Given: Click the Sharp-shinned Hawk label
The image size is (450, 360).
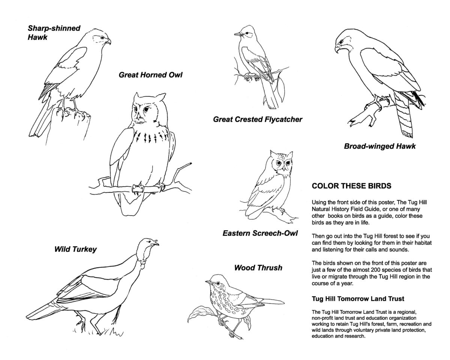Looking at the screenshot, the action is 54,33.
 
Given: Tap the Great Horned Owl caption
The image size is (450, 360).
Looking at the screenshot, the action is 150,75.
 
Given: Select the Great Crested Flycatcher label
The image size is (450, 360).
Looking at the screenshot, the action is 258,120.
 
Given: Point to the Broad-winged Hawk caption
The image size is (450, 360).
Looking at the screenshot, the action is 380,146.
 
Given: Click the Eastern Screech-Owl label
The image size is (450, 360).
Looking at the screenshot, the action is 260,233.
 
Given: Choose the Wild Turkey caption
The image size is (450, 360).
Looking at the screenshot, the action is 75,249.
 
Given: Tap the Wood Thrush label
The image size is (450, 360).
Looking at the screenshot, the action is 258,268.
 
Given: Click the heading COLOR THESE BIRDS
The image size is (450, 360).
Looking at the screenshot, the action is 351,186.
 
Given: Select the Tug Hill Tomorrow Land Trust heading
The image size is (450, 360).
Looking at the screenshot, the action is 358,299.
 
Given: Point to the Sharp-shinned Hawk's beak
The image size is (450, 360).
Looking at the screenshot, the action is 108,41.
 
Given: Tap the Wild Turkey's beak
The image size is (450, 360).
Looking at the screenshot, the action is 155,243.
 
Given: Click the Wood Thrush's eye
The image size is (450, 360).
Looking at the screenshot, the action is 218,283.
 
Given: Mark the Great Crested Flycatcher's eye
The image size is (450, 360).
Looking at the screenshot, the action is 247,33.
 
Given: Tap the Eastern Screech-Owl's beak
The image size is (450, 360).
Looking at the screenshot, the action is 283,168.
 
